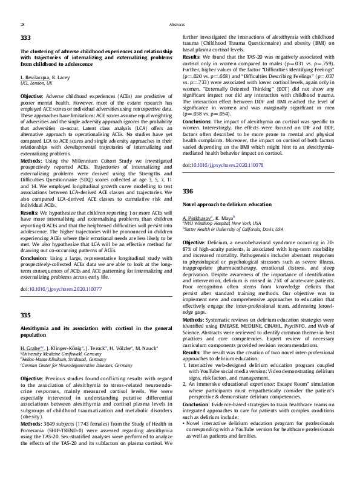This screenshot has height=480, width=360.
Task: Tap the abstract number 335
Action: point(25,315)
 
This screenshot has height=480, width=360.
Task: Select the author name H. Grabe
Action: point(31,349)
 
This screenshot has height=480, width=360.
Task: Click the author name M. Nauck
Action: point(144,349)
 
